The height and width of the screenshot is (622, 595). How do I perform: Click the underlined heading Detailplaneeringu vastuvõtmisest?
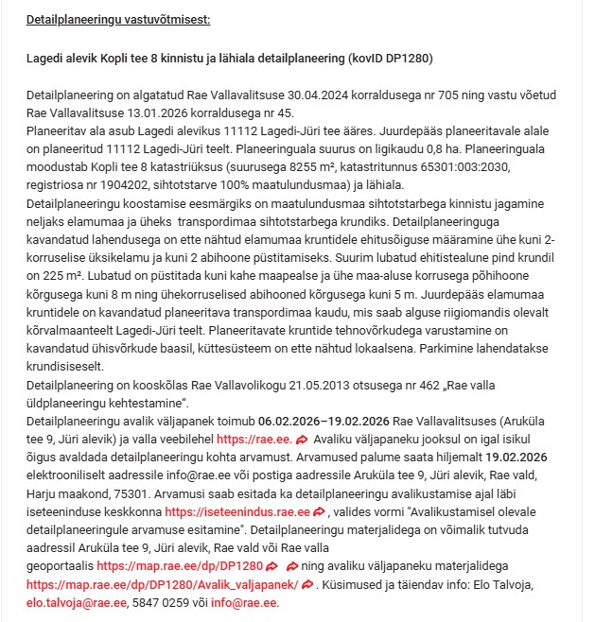pyautogui.click(x=118, y=19)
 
